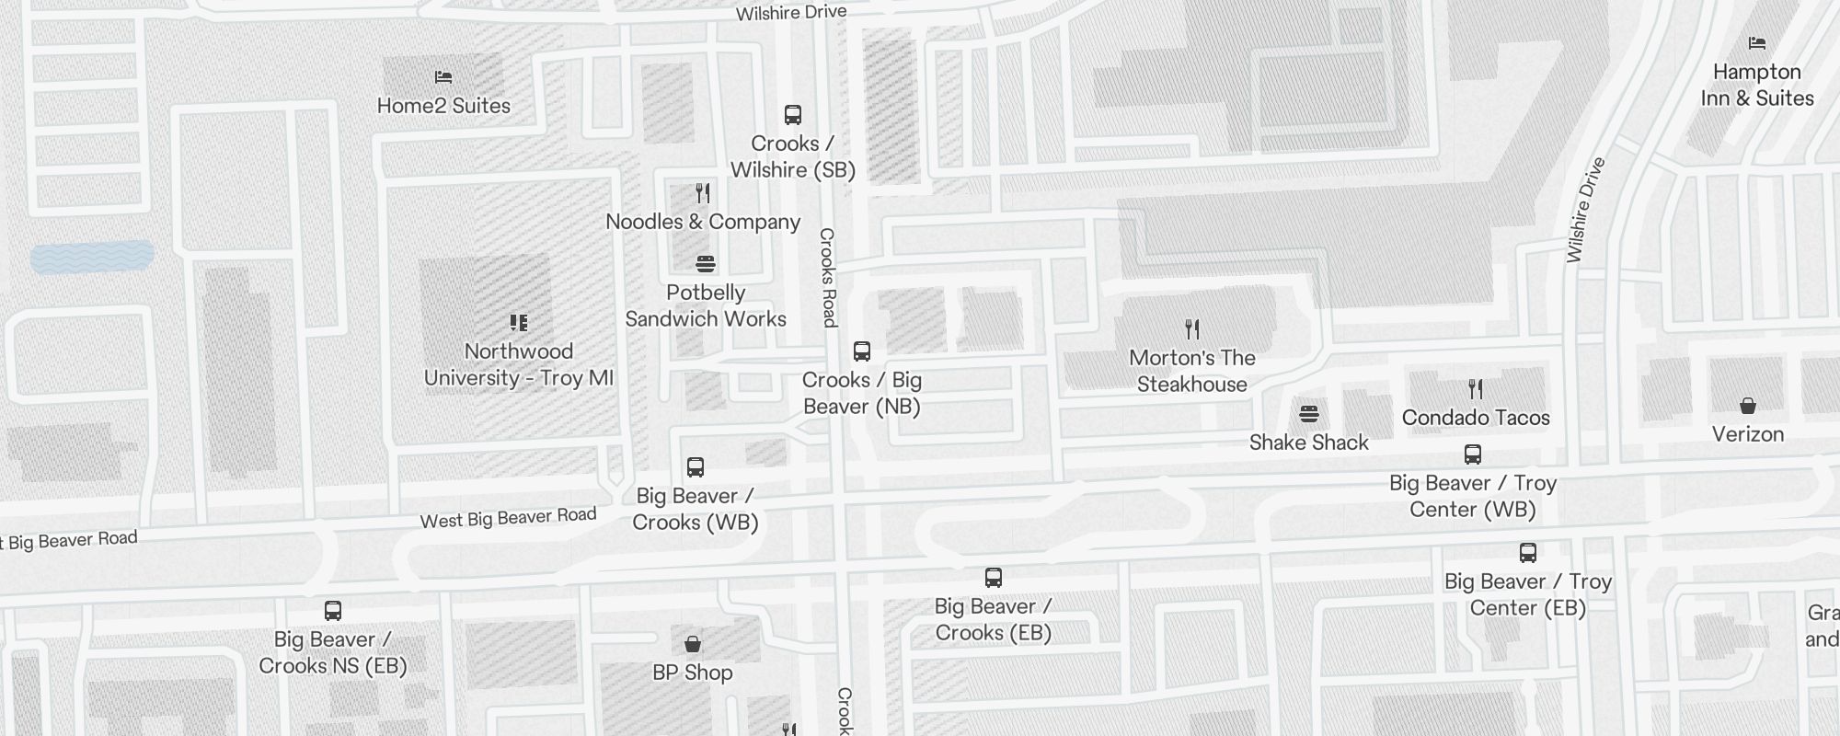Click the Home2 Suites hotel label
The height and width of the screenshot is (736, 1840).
pyautogui.click(x=443, y=106)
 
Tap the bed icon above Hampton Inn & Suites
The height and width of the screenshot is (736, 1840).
pyautogui.click(x=1757, y=43)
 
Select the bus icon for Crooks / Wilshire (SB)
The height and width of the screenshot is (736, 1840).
pyautogui.click(x=793, y=115)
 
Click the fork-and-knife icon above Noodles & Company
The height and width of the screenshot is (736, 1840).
pyautogui.click(x=703, y=193)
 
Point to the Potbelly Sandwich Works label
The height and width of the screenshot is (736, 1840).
pyautogui.click(x=706, y=305)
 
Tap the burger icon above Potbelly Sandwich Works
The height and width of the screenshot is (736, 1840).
pyautogui.click(x=706, y=265)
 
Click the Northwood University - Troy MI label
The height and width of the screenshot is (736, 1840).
pyautogui.click(x=518, y=364)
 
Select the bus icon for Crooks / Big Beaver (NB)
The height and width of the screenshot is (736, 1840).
pyautogui.click(x=862, y=351)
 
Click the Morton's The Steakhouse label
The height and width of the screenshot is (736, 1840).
pyautogui.click(x=1191, y=371)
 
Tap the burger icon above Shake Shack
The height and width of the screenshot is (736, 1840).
pyautogui.click(x=1309, y=414)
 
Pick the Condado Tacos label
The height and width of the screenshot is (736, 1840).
pyautogui.click(x=1476, y=418)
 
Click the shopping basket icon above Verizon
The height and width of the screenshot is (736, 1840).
pyautogui.click(x=1748, y=406)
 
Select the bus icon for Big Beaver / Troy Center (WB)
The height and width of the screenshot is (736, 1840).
pyautogui.click(x=1473, y=454)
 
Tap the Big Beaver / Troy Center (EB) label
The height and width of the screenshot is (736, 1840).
pyautogui.click(x=1527, y=594)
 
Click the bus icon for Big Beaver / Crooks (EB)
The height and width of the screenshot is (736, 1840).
pyautogui.click(x=994, y=578)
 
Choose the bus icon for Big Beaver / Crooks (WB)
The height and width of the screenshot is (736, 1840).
pyautogui.click(x=696, y=467)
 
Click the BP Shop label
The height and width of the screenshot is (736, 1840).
pyautogui.click(x=693, y=673)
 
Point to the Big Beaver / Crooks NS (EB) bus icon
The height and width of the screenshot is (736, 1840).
pyautogui.click(x=333, y=611)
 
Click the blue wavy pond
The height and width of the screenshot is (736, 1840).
pyautogui.click(x=92, y=258)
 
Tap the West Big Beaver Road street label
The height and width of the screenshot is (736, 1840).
pyautogui.click(x=508, y=519)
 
